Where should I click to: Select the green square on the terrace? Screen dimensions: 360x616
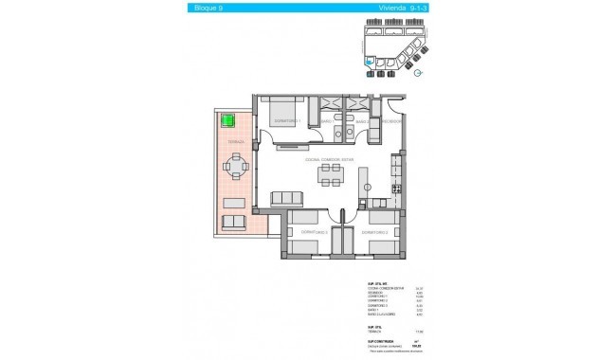(227, 119)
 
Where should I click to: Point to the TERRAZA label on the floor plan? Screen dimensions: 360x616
(236, 142)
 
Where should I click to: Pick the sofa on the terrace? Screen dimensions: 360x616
(234, 223)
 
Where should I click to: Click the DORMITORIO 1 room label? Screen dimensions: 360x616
(287, 122)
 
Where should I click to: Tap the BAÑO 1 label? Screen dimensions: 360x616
(324, 122)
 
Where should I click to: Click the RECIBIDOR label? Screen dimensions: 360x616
(392, 122)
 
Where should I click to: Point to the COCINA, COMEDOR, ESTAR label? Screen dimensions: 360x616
(329, 159)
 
